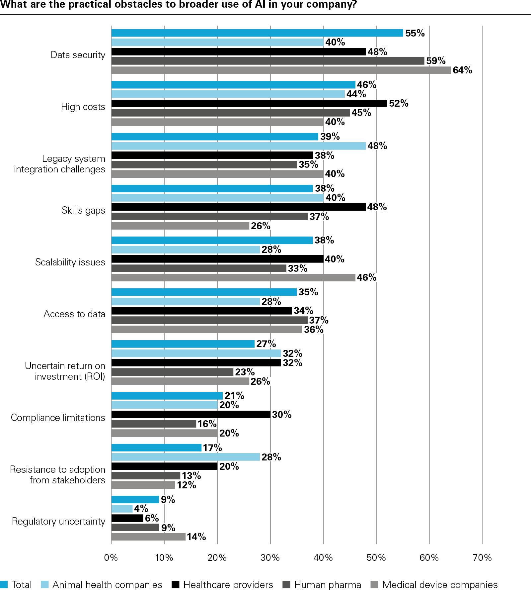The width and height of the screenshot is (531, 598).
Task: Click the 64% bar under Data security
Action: point(281,70)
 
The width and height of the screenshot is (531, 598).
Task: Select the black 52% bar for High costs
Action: point(249,104)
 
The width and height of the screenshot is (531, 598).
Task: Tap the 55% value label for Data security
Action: point(415,33)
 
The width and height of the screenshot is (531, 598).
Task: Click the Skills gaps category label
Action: point(83,211)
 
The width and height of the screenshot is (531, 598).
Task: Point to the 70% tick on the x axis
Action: point(482,558)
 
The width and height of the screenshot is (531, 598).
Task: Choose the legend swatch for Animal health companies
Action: point(45,585)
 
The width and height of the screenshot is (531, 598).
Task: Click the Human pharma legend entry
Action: point(327,585)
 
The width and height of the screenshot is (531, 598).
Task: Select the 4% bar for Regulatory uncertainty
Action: point(122,509)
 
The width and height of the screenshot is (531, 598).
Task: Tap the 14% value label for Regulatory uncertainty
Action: point(196,537)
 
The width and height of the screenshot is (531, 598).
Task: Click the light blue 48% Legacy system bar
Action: point(238,146)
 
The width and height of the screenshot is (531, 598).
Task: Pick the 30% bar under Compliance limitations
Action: point(190,415)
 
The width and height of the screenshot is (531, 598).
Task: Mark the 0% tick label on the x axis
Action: point(111,558)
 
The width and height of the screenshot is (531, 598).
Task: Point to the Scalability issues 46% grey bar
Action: point(233,278)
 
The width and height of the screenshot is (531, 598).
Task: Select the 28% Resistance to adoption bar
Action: point(185,457)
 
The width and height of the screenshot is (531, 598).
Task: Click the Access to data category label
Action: point(74,314)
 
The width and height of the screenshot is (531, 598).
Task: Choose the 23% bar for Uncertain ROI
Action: point(172,372)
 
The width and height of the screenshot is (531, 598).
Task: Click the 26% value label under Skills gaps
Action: point(261,226)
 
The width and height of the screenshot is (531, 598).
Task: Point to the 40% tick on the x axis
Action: point(323,558)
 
